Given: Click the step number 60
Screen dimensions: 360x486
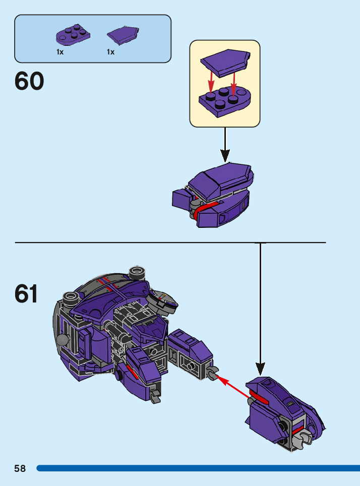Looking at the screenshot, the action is coord(29,81).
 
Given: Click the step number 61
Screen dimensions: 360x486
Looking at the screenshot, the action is coord(26,293).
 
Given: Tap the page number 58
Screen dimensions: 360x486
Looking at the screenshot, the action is coord(20,468).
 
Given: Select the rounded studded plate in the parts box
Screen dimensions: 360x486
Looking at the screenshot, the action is coord(73,35).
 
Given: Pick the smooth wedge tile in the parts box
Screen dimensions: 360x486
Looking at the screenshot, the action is coord(123,35).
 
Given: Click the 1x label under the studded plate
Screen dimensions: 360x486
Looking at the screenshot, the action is coord(60,52).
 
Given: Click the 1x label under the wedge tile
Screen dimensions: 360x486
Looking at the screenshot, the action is coord(111,52).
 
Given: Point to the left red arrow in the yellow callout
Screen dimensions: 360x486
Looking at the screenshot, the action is coord(211,82).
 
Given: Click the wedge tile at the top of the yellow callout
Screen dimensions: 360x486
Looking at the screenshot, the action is coord(225,63).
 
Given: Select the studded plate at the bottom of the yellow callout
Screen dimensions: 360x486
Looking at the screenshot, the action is coord(224,101).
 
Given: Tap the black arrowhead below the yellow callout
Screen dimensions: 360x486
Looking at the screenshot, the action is coord(225,155).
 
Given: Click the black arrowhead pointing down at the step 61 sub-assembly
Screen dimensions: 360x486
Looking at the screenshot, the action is coord(261,369).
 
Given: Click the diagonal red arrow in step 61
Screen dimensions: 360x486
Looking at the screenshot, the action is coord(233,387).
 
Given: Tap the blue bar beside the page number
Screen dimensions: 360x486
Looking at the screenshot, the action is coord(198,468).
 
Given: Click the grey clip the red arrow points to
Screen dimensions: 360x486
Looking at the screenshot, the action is coord(213,373).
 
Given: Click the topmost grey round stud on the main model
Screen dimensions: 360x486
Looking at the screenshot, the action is coord(137,272).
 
